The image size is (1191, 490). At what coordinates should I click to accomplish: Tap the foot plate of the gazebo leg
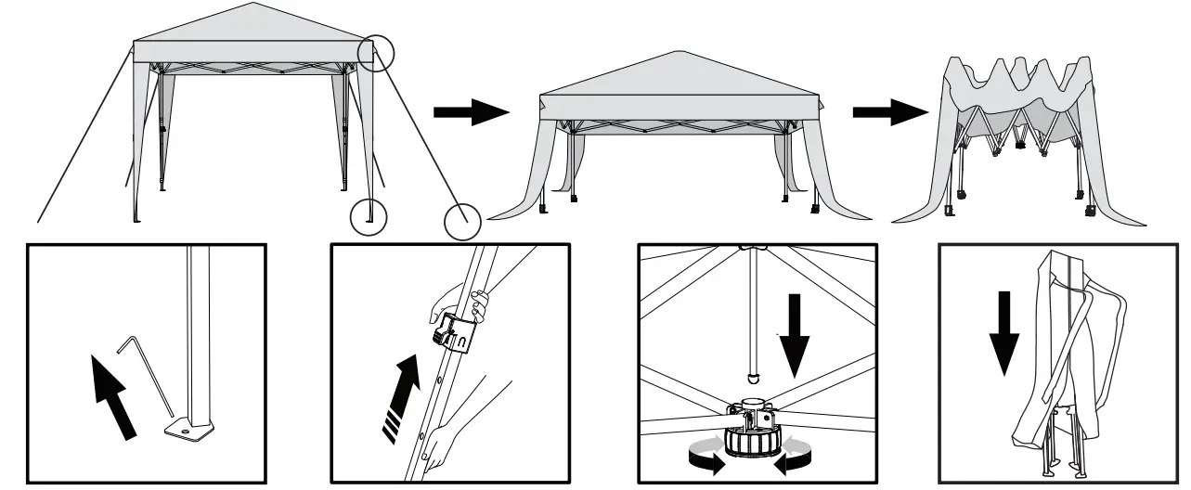(x=188, y=430)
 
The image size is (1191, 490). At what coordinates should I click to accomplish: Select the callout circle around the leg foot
(x=369, y=217)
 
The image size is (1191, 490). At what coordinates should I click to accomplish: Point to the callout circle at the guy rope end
(x=461, y=222)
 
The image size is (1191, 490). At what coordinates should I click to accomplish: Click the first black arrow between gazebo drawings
(x=472, y=113)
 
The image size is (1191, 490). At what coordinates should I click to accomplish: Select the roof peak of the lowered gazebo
(x=680, y=52)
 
